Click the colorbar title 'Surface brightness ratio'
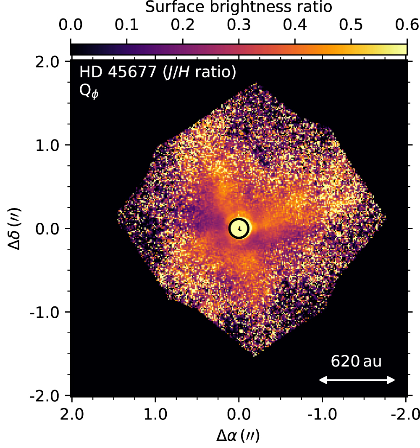click(239, 8)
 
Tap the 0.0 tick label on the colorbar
click(71, 26)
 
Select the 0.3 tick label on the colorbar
click(239, 26)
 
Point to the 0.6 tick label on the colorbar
click(407, 26)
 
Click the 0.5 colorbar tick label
click(351, 26)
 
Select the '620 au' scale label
click(356, 361)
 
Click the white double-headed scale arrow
click(357, 380)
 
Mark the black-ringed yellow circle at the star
click(239, 228)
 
